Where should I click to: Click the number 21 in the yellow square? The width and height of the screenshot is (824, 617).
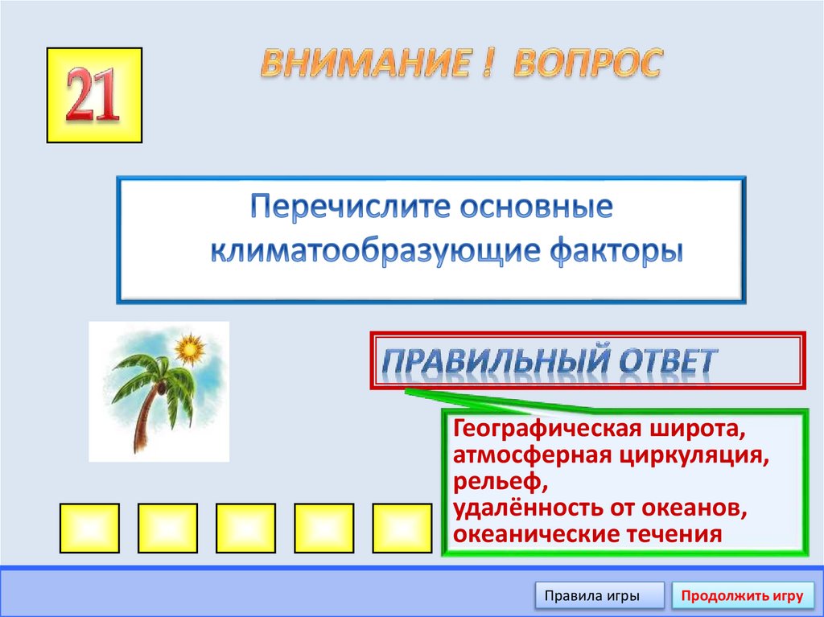[93, 96]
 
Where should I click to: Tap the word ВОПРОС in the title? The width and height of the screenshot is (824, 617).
[587, 64]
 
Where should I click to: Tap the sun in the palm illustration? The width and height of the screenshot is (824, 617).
[190, 350]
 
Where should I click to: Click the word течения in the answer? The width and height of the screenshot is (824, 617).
[674, 534]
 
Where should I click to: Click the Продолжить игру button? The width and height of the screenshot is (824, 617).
[742, 596]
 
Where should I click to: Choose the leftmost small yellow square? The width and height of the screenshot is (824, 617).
[89, 528]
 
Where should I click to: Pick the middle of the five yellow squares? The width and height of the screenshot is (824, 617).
[246, 528]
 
